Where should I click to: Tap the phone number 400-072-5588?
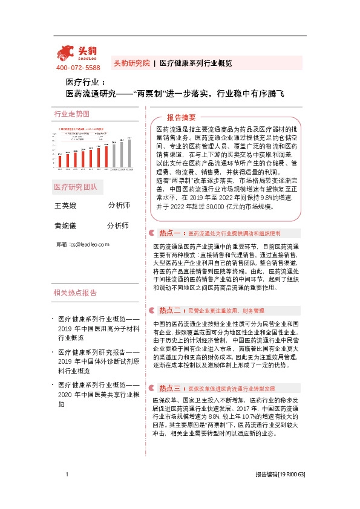(78, 68)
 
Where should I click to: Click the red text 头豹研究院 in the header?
(131, 63)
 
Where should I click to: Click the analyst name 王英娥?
(67, 206)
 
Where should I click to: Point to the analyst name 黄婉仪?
(67, 225)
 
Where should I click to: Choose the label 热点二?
(171, 310)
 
